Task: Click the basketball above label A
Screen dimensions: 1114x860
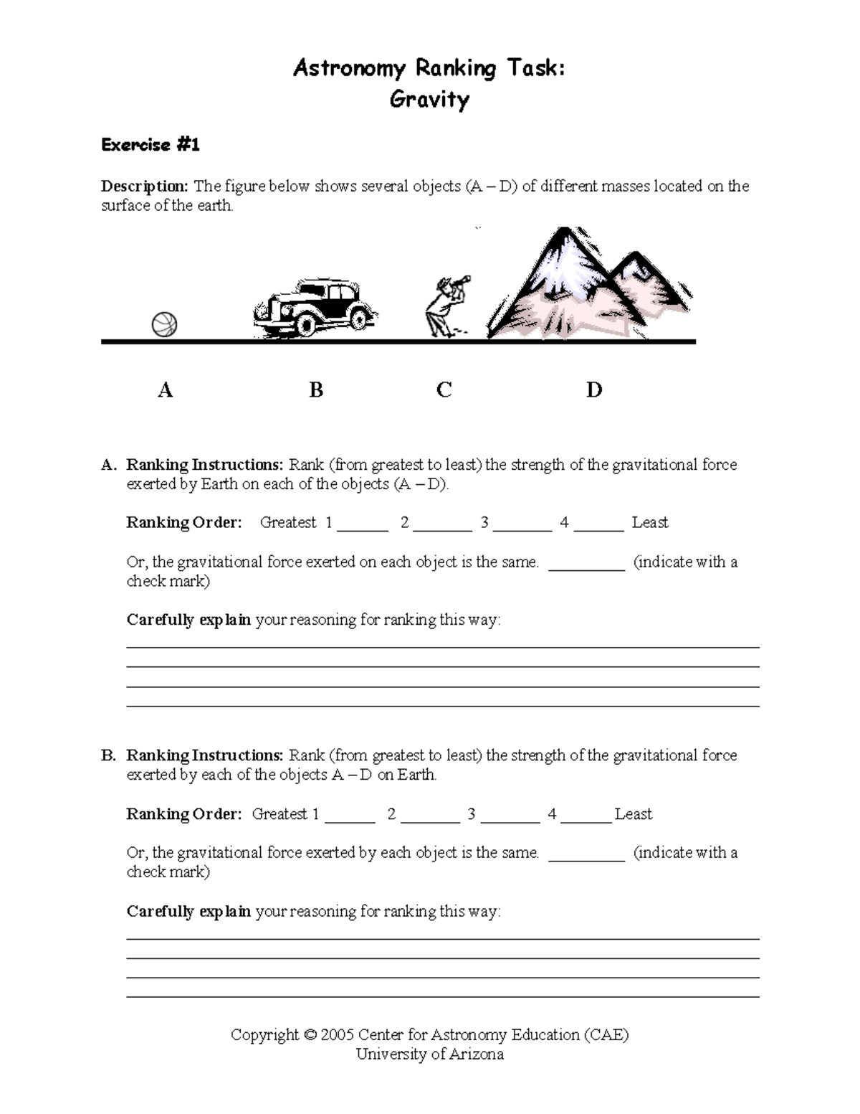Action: coord(164,325)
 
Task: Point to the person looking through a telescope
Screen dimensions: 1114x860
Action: coord(444,305)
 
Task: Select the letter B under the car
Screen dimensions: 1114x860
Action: coord(316,390)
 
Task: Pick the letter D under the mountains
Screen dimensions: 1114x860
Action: coord(594,390)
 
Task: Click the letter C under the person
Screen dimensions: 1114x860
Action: coord(444,390)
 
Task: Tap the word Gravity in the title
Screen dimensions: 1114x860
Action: coord(429,99)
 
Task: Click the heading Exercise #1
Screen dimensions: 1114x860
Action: coord(150,145)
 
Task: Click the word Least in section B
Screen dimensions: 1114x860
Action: coord(634,814)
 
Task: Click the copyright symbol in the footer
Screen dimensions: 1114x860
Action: coord(310,1035)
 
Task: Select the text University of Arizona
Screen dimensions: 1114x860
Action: coord(429,1054)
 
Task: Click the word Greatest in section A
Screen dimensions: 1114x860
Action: coord(288,523)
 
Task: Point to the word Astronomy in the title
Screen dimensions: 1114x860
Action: coord(349,69)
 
